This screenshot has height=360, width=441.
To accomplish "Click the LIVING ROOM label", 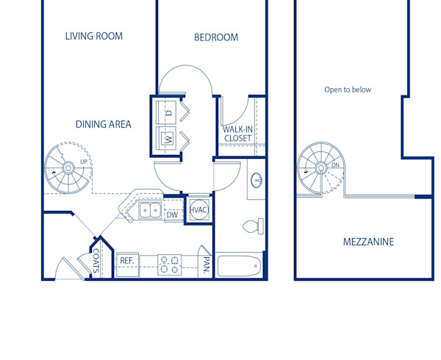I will click(93, 36).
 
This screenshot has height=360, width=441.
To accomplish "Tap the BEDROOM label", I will click(216, 37).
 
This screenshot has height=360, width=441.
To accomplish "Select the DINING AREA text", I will click(104, 124).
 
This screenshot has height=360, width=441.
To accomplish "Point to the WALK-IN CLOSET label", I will click(237, 134).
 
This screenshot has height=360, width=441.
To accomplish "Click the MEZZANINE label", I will click(368, 242).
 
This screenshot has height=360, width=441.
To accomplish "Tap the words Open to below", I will click(348, 90).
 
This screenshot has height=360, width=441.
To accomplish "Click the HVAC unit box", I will click(198, 210).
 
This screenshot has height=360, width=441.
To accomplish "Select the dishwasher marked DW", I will click(172, 215).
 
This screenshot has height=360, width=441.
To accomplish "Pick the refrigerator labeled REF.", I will click(126, 260).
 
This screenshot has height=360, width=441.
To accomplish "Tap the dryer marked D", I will click(168, 112).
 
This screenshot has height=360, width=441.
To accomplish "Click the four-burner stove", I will click(170, 264).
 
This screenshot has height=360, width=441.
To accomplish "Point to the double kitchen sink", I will click(151, 211).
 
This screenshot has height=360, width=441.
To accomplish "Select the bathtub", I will click(239, 264).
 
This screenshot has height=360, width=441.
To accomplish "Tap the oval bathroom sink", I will click(257, 180).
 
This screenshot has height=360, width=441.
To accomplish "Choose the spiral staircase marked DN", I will click(320, 168).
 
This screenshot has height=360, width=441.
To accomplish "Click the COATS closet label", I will click(97, 260).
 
